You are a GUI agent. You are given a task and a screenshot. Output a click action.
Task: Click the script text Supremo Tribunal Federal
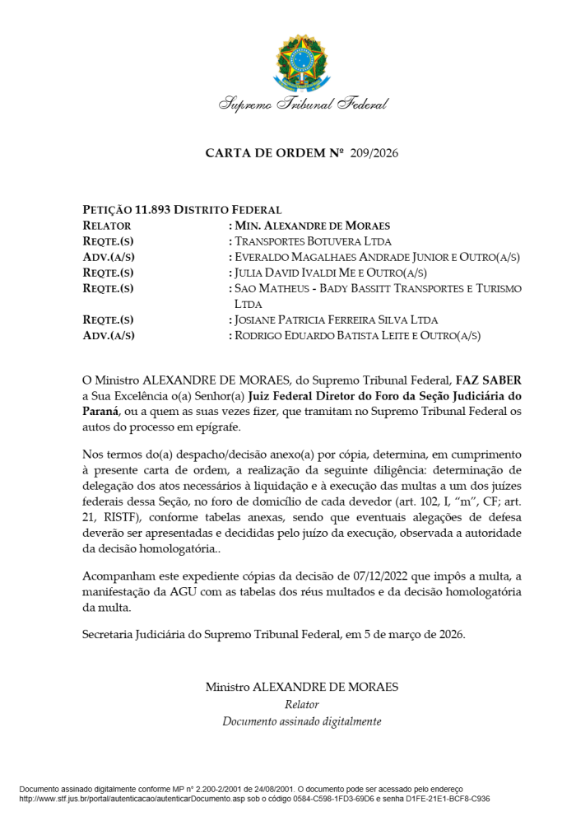point(303,105)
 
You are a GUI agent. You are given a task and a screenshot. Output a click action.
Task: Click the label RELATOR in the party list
point(107,226)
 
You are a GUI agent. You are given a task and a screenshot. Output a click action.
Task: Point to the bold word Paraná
point(101,411)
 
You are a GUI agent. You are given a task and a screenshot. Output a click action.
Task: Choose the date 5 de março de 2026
point(416,634)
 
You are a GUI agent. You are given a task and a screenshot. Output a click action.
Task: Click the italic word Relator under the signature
point(301,705)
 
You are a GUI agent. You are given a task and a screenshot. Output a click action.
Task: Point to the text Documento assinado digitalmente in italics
point(301,721)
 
